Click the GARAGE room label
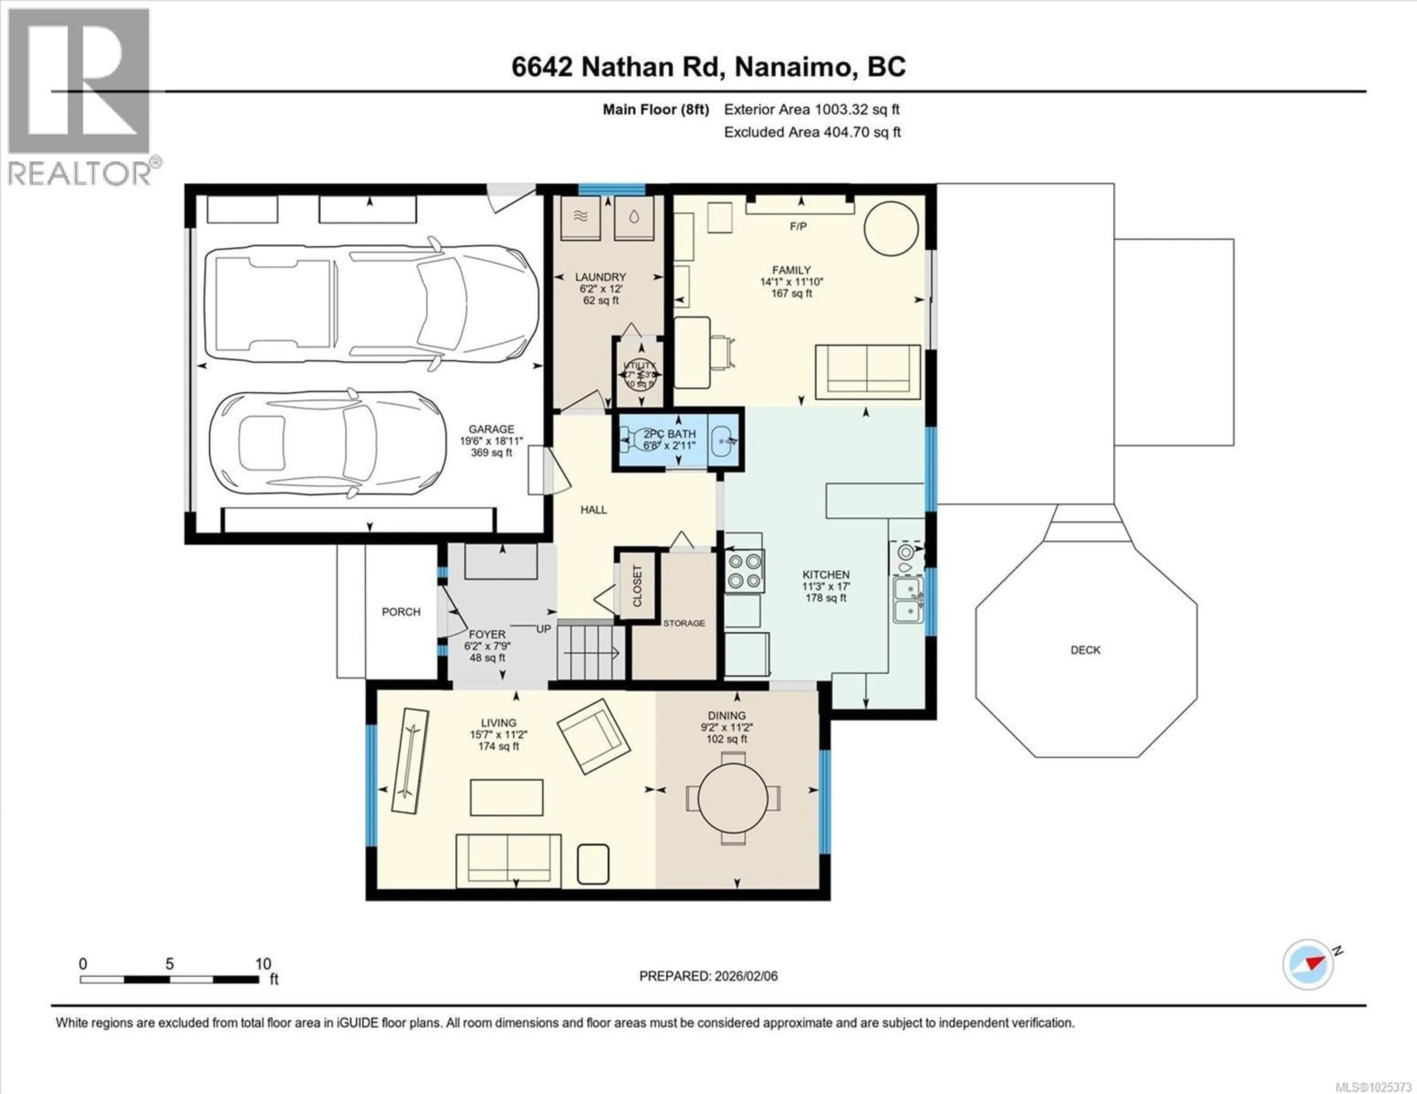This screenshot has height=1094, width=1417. click(x=491, y=429)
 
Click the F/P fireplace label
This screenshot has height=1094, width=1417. click(x=798, y=226)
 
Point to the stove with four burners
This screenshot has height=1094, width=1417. click(x=744, y=571)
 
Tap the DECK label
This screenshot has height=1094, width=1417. click(x=1086, y=650)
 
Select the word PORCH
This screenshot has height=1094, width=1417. click(x=401, y=611)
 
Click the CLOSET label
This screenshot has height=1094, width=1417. click(x=637, y=586)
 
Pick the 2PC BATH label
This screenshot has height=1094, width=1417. click(x=670, y=434)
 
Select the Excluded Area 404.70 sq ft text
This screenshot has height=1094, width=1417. click(x=812, y=132)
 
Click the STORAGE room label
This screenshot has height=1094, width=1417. click(x=684, y=623)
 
